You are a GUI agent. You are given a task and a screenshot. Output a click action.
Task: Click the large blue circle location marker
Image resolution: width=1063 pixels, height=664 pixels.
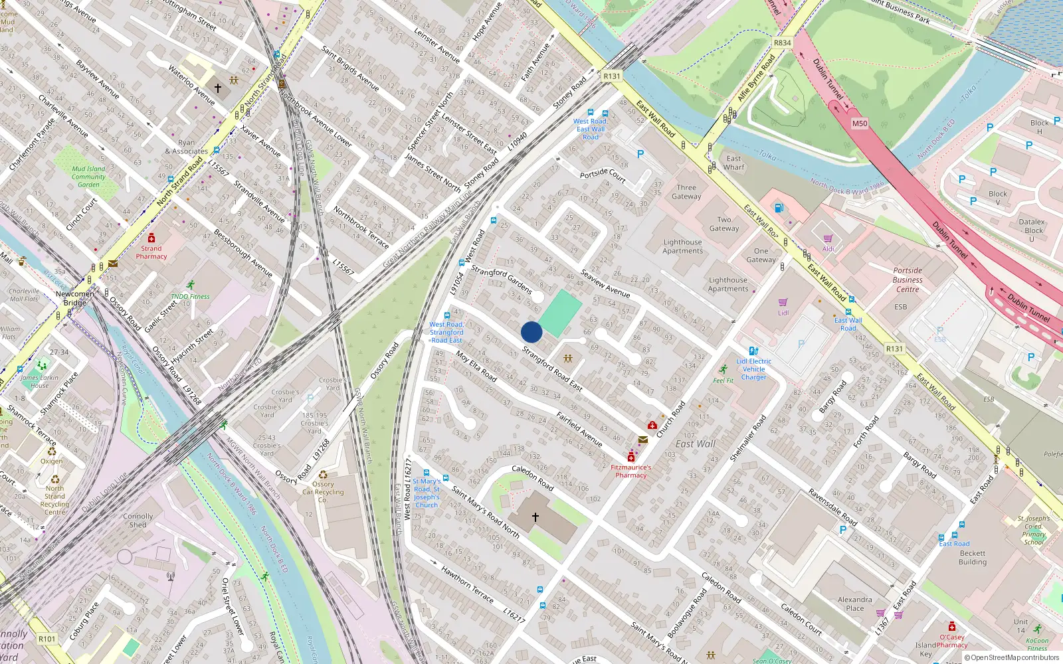click(x=531, y=332)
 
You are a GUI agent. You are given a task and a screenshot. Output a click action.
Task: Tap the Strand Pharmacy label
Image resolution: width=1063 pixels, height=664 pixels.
click(x=151, y=252)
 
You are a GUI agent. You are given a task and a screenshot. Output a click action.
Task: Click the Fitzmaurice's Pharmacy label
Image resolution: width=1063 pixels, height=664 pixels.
click(x=630, y=471)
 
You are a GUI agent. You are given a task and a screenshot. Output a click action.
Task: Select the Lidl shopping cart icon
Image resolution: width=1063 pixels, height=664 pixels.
click(x=783, y=302)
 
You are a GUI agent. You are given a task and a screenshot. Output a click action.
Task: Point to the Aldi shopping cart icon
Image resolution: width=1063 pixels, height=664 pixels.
click(x=828, y=238)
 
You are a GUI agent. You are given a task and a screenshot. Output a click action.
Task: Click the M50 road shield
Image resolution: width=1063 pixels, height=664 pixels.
click(x=860, y=124)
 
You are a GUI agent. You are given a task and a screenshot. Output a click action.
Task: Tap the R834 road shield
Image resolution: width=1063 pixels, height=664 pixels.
click(x=783, y=43)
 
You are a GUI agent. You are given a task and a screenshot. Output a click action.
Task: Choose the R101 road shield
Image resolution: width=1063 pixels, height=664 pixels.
click(x=47, y=639)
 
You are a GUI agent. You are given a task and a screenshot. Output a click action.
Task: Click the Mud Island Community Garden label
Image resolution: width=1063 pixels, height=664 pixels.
click(x=88, y=177)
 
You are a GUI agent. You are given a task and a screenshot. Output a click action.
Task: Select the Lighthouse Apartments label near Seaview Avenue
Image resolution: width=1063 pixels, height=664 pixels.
click(x=682, y=246)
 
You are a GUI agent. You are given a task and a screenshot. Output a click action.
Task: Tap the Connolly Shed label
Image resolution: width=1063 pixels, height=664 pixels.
click(x=138, y=521)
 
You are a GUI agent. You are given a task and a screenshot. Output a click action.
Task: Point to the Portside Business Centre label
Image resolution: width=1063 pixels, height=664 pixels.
click(x=908, y=280)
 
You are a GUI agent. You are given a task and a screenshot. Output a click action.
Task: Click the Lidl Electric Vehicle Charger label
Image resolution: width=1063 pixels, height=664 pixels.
click(x=753, y=369)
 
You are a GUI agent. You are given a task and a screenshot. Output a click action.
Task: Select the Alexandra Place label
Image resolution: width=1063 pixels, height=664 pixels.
click(x=855, y=604)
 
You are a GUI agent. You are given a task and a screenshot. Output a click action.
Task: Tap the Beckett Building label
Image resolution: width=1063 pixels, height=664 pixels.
click(x=973, y=557)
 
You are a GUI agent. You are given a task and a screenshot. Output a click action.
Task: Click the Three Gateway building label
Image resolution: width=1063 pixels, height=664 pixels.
click(x=686, y=192)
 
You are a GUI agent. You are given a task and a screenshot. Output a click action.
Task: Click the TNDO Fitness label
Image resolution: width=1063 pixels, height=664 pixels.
click(x=190, y=297)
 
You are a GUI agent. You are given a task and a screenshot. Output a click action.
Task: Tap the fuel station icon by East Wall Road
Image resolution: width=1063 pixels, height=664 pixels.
click(x=779, y=208)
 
